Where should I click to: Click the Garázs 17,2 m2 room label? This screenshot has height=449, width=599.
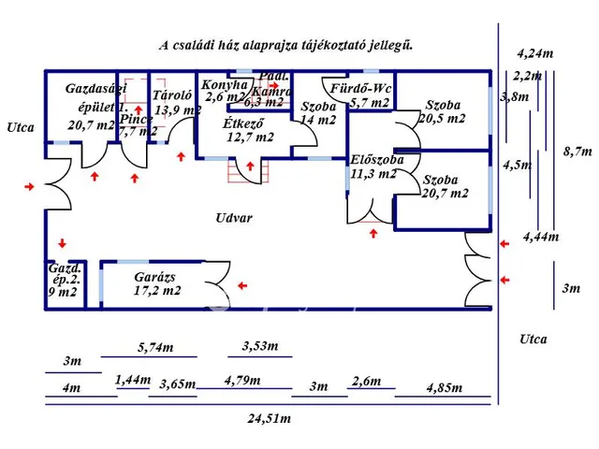[156, 283]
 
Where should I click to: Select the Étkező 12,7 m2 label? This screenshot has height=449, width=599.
[249, 130]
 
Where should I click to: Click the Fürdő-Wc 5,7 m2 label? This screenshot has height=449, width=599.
[370, 96]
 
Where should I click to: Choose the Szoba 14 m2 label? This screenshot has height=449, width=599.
[317, 112]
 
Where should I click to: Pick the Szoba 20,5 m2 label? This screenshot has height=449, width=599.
[443, 111]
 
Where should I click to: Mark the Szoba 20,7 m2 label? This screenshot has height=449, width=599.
[443, 186]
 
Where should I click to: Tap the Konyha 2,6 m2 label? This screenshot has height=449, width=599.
[225, 90]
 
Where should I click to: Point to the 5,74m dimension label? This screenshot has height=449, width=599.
[155, 347]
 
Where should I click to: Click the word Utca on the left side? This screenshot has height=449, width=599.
[21, 127]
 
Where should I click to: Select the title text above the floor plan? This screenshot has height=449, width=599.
[285, 44]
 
